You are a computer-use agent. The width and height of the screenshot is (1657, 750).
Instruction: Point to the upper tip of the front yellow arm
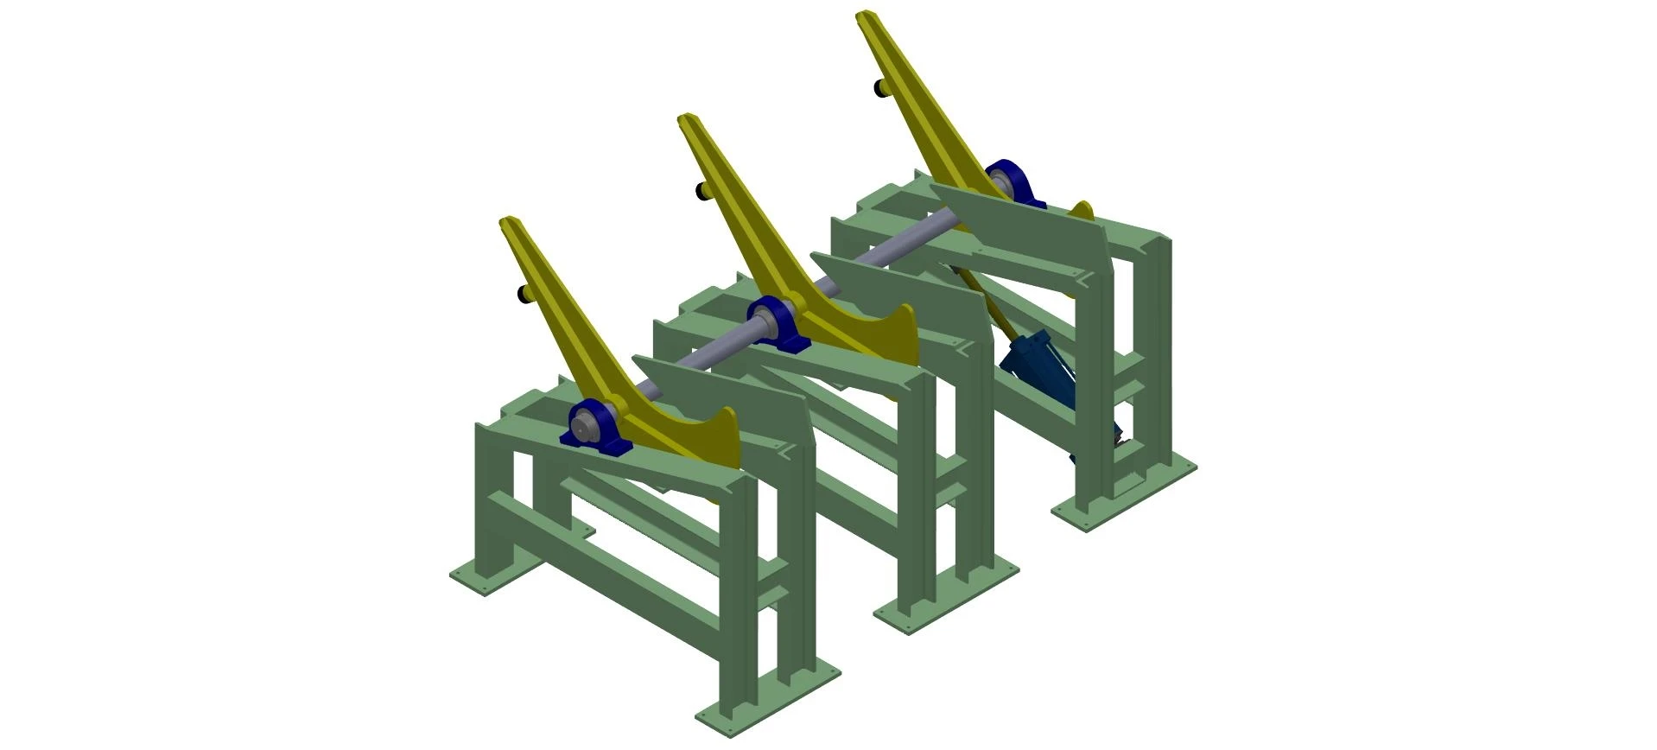point(510,222)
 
